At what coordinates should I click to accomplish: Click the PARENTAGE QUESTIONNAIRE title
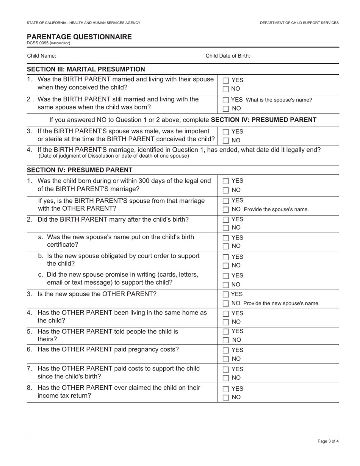pyautogui.click(x=79, y=37)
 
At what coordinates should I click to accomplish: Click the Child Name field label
pyautogui.click(x=41, y=56)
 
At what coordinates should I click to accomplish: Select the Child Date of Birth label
pyautogui.click(x=228, y=56)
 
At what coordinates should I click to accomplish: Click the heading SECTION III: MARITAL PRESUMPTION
pyautogui.click(x=86, y=69)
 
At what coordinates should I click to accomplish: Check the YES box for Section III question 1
pyautogui.click(x=226, y=81)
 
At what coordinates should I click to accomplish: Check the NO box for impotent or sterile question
pyautogui.click(x=226, y=141)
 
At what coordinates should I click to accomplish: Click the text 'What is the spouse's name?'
pyautogui.click(x=280, y=100)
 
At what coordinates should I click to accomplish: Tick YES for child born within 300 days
pyautogui.click(x=226, y=181)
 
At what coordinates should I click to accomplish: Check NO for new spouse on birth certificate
pyautogui.click(x=226, y=246)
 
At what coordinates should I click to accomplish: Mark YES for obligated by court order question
pyautogui.click(x=226, y=257)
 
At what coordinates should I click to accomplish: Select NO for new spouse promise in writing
pyautogui.click(x=226, y=285)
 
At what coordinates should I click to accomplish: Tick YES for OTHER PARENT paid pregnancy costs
pyautogui.click(x=226, y=350)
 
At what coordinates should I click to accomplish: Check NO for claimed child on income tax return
pyautogui.click(x=226, y=397)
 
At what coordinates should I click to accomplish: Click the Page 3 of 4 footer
pyautogui.click(x=328, y=441)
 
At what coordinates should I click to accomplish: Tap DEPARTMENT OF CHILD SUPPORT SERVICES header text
pyautogui.click(x=299, y=23)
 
